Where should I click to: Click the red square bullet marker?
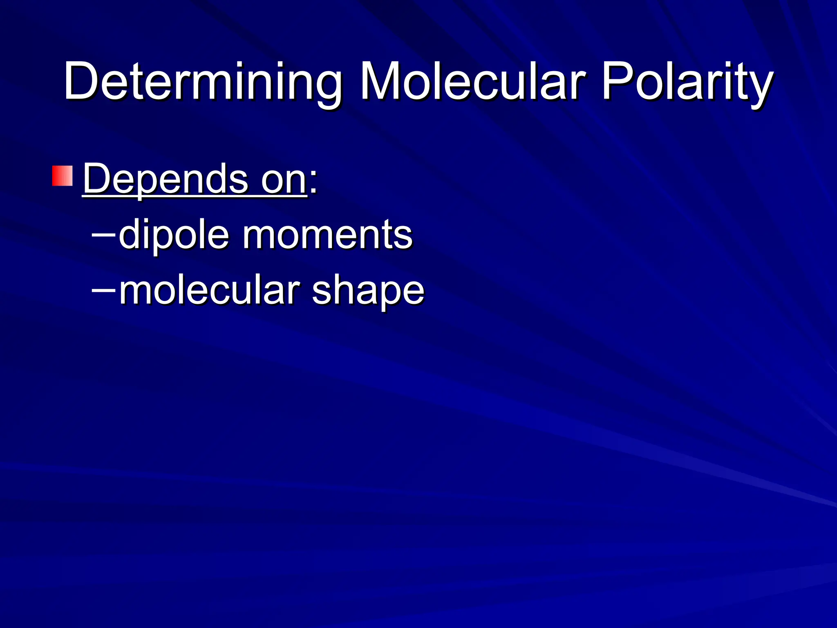[62, 176]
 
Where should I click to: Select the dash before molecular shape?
[103, 290]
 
